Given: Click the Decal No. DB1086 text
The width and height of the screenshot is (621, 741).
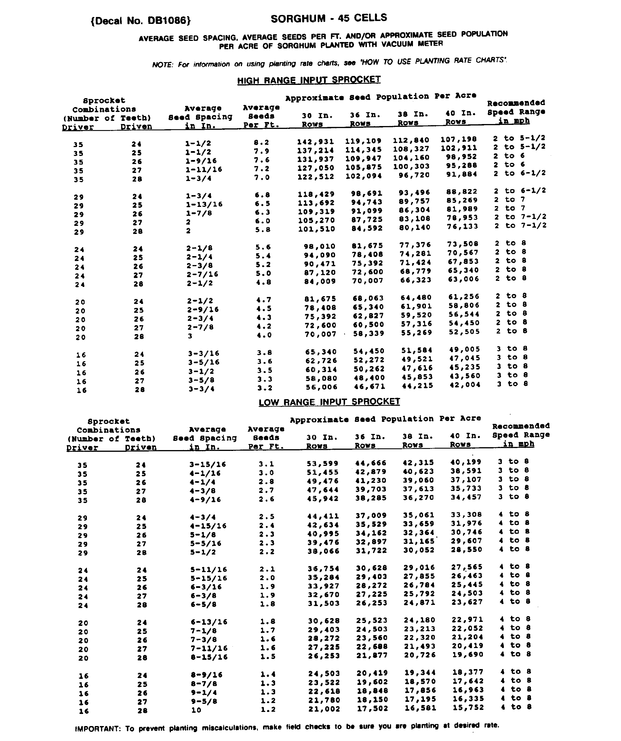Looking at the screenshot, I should click(x=141, y=21).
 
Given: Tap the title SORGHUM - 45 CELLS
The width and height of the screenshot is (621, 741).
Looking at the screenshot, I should click(x=329, y=18).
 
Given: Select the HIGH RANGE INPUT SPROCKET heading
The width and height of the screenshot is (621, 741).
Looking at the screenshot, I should click(x=309, y=80).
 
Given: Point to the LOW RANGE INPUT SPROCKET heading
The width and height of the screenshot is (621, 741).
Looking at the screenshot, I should click(x=329, y=402).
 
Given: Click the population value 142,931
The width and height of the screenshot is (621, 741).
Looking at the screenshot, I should click(x=315, y=142).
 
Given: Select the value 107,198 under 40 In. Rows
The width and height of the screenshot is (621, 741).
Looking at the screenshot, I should click(x=459, y=139).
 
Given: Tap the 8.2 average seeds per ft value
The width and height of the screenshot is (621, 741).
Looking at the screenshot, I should click(x=262, y=142).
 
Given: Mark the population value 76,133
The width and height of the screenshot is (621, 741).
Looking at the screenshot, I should click(x=462, y=226).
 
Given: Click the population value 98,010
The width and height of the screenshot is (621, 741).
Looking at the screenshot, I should click(x=320, y=246).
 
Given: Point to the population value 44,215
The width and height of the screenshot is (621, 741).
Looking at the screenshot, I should click(x=418, y=386).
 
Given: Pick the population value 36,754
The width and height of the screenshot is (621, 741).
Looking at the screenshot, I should click(x=323, y=568).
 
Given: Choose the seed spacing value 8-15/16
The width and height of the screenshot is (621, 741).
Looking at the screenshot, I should click(x=209, y=657).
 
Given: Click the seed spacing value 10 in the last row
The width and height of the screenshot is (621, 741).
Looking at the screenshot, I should click(x=196, y=710).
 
